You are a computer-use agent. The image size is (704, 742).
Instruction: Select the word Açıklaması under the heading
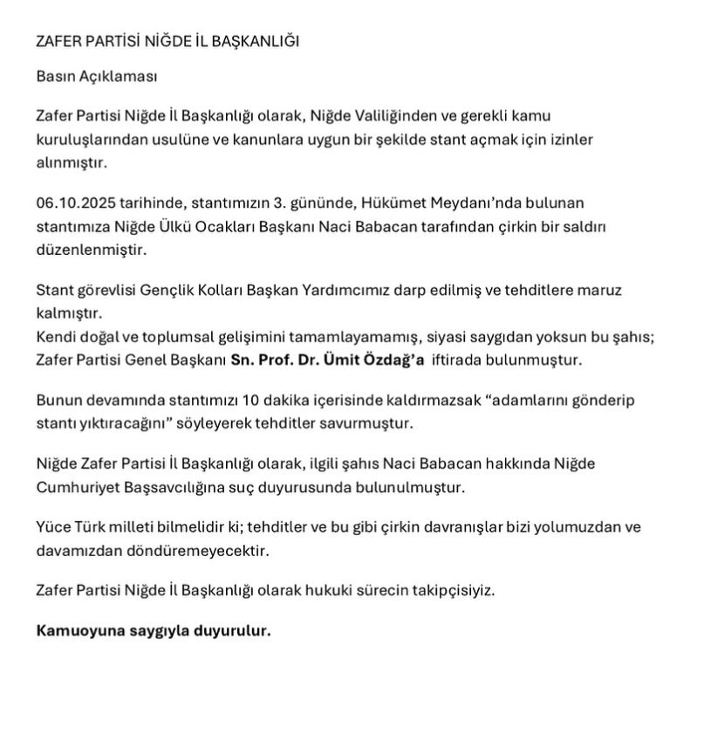(116, 76)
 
